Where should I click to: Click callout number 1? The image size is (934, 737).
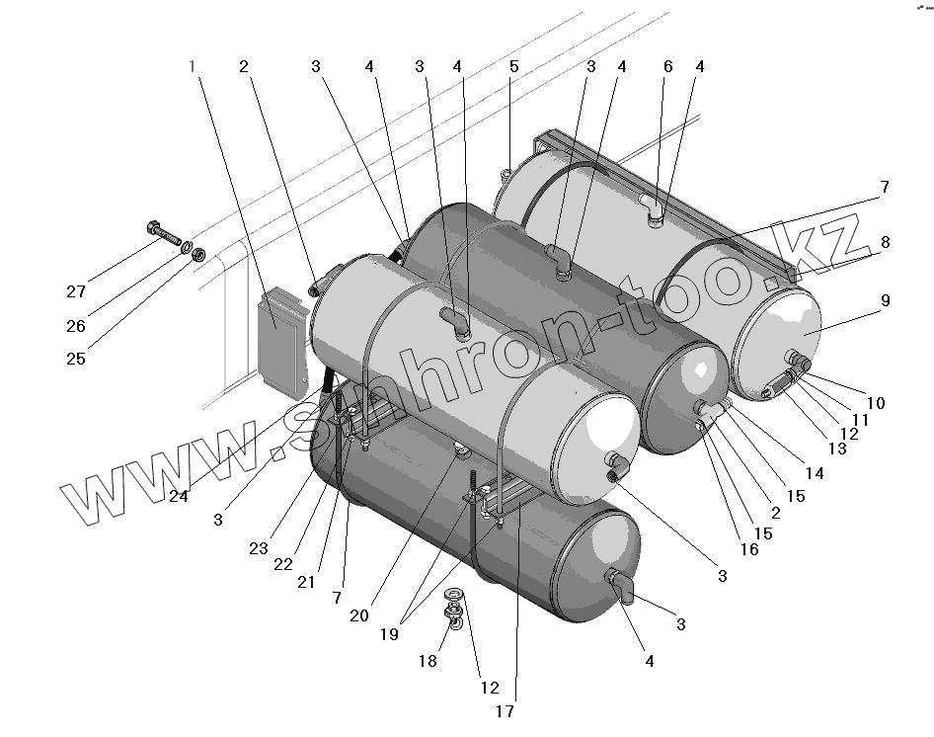[x=193, y=67]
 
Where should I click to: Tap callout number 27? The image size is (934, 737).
[x=77, y=291]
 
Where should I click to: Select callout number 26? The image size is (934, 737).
[x=76, y=326]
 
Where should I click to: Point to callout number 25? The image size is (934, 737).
[x=76, y=359]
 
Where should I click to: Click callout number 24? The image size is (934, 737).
[x=178, y=496]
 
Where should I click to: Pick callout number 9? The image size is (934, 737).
[x=885, y=300]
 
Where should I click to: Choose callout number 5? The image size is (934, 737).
[x=513, y=67]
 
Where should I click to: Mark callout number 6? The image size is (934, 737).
[x=668, y=67]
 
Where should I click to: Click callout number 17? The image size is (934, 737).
[x=505, y=710]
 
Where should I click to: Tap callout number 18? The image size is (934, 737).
[x=427, y=661]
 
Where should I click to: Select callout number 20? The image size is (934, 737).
[x=358, y=614]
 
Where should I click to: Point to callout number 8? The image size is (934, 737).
[x=885, y=241]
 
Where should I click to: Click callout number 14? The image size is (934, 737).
[x=816, y=473]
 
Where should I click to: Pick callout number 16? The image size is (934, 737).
[x=749, y=549]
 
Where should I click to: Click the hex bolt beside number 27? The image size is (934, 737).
[x=164, y=234]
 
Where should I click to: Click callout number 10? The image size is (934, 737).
[x=877, y=403]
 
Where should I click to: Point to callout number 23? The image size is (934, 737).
[x=259, y=548]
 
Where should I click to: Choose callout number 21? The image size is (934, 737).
[x=306, y=582]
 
